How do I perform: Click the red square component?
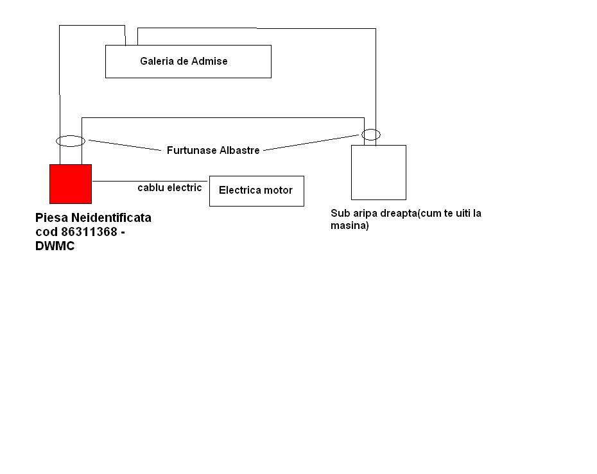[x=71, y=183]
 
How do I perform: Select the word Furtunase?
[x=189, y=150]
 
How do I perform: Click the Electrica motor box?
[x=257, y=191]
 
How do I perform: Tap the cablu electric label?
[x=169, y=187]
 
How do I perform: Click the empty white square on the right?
[x=379, y=173]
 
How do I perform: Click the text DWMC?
[x=55, y=246]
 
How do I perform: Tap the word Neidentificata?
[x=111, y=217]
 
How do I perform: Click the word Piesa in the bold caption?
[x=52, y=217]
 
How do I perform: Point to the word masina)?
[x=349, y=226]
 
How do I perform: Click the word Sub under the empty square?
[x=340, y=214]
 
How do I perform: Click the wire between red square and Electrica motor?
[x=151, y=181]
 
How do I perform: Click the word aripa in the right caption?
[x=365, y=214]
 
